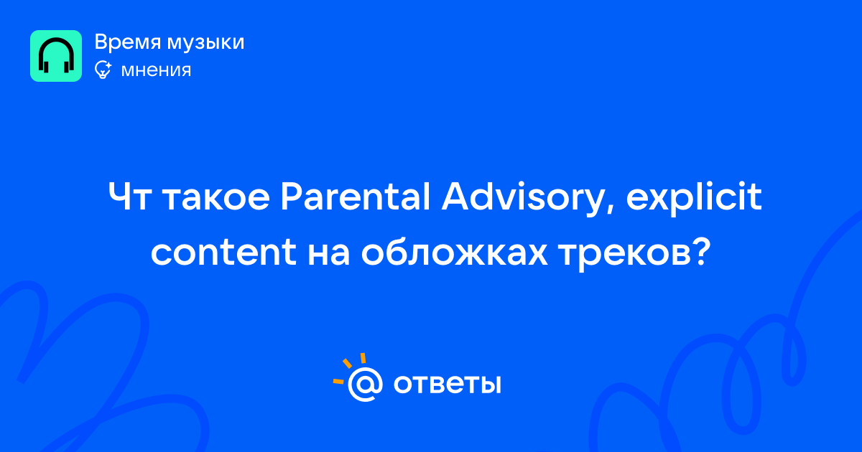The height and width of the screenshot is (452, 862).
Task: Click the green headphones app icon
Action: click(x=56, y=56)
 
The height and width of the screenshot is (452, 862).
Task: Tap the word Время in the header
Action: click(x=128, y=42)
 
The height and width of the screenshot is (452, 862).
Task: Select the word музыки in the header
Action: click(x=206, y=43)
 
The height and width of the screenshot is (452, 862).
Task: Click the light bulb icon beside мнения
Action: click(x=103, y=70)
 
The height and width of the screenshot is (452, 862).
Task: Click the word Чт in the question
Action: click(x=129, y=197)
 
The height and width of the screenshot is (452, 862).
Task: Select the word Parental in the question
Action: click(x=355, y=197)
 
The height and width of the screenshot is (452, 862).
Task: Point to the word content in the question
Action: click(x=223, y=252)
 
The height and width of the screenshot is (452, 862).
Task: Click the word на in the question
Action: click(x=329, y=254)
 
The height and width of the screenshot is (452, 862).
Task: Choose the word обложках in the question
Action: click(x=454, y=251)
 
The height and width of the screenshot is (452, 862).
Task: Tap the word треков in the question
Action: click(x=626, y=255)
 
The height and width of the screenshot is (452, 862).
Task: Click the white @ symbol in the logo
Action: click(x=365, y=384)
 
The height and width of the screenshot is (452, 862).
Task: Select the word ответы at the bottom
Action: click(x=447, y=384)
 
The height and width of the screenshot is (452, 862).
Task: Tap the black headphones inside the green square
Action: click(x=56, y=55)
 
